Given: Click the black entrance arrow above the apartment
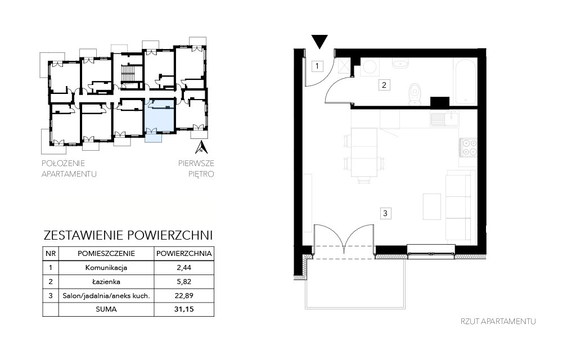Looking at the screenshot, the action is [319, 41].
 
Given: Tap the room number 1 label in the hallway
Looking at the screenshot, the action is [317, 66].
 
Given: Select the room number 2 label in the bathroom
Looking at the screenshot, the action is [384, 85].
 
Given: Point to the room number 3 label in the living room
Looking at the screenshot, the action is [385, 213].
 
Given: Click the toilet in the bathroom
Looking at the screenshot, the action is [415, 94].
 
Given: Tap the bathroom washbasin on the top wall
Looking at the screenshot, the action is [400, 64].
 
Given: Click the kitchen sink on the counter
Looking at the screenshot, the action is [444, 119].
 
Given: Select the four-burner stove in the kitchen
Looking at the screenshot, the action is [469, 147].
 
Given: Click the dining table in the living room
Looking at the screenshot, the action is [364, 152].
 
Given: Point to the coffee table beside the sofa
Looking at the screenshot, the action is [431, 206].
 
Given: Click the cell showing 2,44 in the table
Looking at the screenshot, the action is [184, 268].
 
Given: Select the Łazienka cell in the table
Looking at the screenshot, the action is [106, 282].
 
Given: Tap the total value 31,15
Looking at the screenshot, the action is [184, 309].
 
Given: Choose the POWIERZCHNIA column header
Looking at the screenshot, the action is [184, 254].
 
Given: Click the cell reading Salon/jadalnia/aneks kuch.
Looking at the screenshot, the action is [106, 296].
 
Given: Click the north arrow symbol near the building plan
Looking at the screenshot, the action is [201, 147].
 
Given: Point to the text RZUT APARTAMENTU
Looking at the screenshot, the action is [498, 321].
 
